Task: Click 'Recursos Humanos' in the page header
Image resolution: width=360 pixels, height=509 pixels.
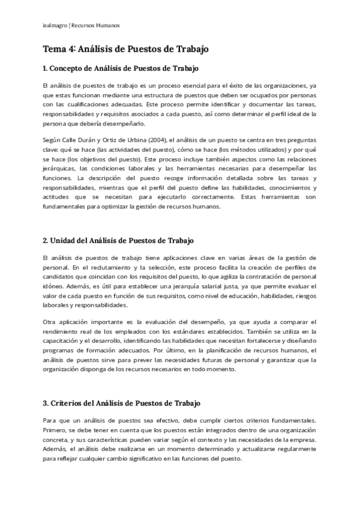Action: (x=95, y=25)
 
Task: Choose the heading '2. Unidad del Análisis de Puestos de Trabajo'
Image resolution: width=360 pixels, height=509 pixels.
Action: (x=118, y=241)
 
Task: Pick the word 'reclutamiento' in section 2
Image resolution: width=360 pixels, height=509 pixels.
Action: (x=101, y=268)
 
